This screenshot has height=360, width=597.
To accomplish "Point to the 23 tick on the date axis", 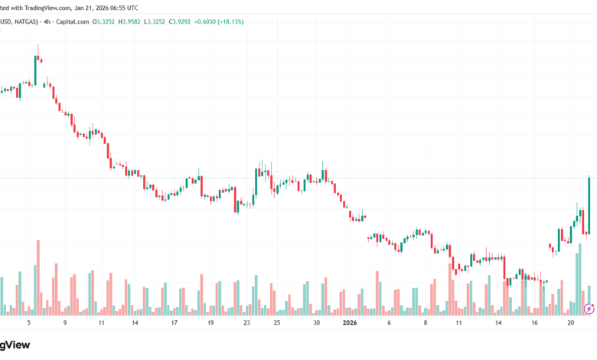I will click(247, 323).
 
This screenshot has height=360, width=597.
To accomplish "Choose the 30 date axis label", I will click(317, 323).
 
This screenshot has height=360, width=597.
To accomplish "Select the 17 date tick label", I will click(175, 323).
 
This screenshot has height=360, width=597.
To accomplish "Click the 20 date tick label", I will click(570, 323).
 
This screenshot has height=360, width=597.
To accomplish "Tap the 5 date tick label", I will click(28, 323).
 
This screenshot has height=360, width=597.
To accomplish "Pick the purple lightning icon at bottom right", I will click(589, 308).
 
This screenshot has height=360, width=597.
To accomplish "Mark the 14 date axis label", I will click(135, 323).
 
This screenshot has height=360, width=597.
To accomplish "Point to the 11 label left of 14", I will click(101, 323).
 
